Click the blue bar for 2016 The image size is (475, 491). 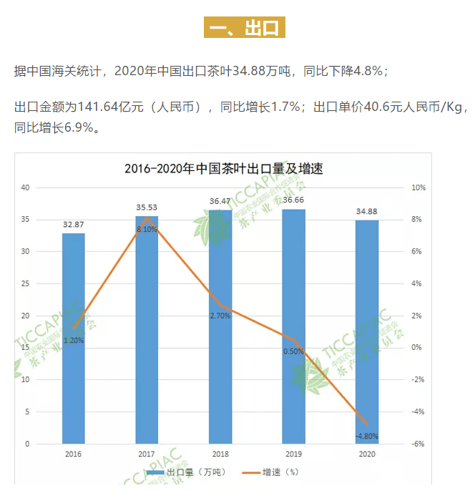(74, 339)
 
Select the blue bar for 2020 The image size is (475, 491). (367, 332)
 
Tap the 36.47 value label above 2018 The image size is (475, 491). (220, 201)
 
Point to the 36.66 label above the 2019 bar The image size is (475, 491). (293, 200)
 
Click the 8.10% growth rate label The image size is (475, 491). (147, 229)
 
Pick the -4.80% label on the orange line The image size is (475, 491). (367, 436)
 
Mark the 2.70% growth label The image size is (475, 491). (220, 316)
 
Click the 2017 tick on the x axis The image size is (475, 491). (147, 454)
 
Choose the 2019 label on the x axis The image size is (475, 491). (293, 454)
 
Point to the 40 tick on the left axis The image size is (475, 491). (25, 188)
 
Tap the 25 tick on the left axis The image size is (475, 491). (25, 283)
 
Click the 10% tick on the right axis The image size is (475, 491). (418, 188)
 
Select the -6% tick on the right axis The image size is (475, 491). (418, 444)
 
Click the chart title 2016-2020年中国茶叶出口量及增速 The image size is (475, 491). (223, 168)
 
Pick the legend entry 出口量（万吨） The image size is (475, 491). (186, 472)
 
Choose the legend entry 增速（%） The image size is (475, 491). (270, 472)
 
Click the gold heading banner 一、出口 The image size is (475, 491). (245, 27)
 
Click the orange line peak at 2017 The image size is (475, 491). (147, 218)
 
